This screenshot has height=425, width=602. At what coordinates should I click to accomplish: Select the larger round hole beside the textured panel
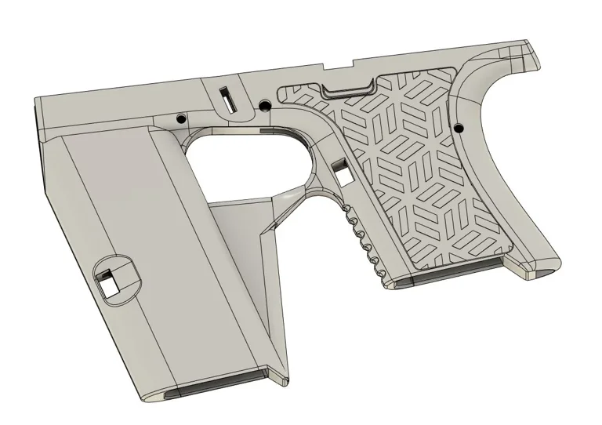point(265,105)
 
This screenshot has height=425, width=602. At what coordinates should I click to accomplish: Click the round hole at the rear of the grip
point(459,126)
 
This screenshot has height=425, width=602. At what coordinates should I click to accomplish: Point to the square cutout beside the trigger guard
point(342,167)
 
